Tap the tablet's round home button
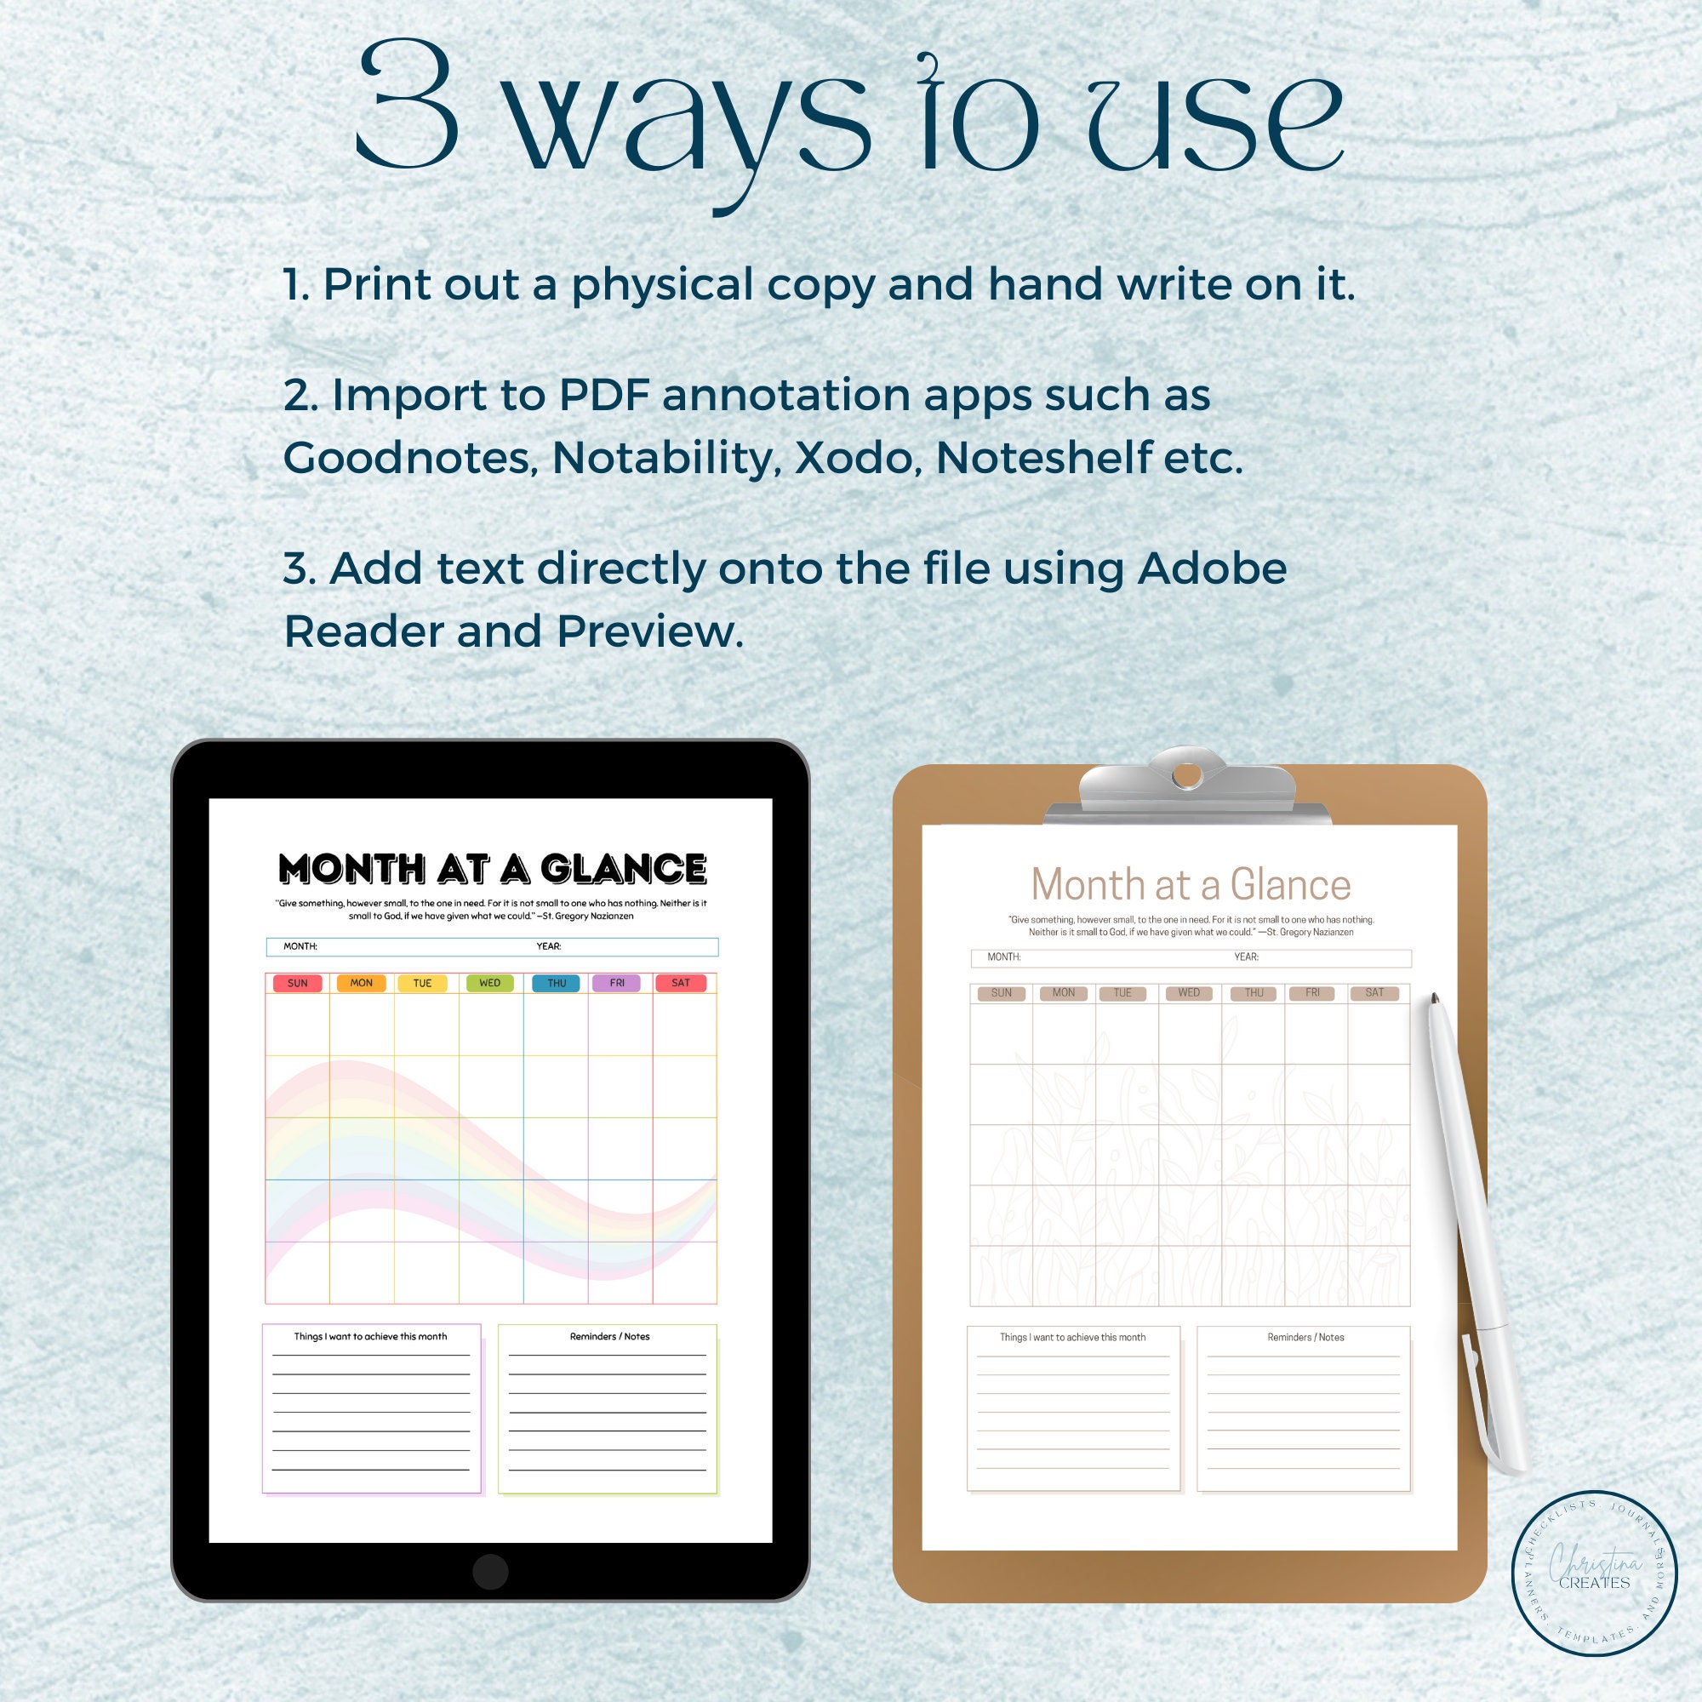[490, 1572]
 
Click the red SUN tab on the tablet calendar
[298, 983]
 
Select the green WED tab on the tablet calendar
[490, 983]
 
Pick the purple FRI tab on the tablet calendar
[617, 983]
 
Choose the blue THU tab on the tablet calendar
[556, 983]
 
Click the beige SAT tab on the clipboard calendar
[1374, 993]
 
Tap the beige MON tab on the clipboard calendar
[1063, 993]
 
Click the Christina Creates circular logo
[1595, 1573]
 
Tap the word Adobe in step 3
[1212, 568]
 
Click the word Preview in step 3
[650, 631]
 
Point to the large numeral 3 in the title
[408, 106]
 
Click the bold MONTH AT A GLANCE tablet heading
[493, 869]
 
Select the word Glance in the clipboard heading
[1290, 884]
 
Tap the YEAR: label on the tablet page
[549, 946]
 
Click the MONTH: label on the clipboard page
[1003, 957]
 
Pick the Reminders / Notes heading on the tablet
[609, 1336]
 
